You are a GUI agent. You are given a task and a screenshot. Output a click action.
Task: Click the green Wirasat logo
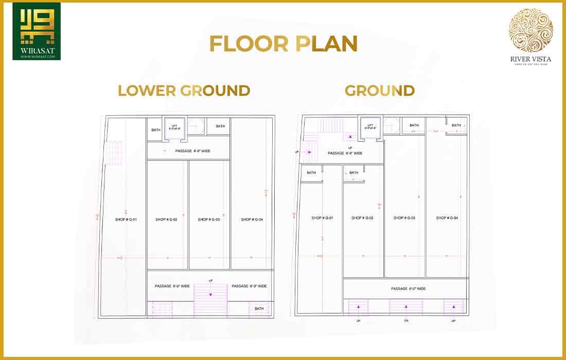click(37, 31)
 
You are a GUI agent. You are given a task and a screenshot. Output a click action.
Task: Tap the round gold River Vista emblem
click(530, 30)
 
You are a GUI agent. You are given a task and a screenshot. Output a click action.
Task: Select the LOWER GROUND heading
click(184, 91)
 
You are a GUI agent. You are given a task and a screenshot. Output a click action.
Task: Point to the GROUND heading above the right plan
click(380, 91)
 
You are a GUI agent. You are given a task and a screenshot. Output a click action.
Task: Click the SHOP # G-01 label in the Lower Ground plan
click(126, 220)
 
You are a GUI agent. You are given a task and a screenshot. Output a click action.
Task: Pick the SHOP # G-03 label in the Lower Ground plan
click(209, 220)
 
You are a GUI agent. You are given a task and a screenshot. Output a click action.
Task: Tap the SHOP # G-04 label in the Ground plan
click(447, 218)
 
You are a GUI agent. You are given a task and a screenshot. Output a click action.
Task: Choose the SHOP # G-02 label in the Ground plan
click(362, 218)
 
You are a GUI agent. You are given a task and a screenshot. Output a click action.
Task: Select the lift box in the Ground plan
click(370, 127)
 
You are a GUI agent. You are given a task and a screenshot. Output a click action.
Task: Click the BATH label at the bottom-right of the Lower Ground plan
click(259, 309)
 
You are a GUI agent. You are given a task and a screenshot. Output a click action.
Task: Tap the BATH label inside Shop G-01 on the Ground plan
click(311, 173)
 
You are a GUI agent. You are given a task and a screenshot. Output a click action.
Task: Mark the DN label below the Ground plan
click(406, 321)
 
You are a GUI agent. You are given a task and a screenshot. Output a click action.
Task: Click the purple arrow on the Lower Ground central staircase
click(210, 294)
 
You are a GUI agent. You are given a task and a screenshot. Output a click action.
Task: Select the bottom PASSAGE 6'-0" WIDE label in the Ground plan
click(408, 289)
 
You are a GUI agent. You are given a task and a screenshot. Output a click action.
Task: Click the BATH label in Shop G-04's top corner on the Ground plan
click(456, 125)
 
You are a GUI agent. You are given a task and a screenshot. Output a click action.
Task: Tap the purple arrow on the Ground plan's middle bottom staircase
click(406, 307)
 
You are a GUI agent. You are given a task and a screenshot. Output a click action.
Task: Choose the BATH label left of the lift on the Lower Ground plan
click(156, 130)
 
